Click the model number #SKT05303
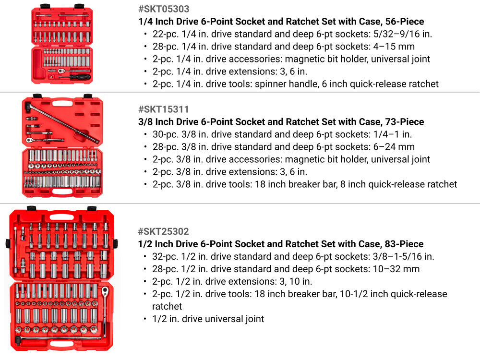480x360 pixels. point(164,9)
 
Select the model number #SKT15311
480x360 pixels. point(164,109)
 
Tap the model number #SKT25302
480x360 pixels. point(164,231)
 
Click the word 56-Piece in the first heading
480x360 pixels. point(404,22)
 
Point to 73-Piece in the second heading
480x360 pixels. point(404,122)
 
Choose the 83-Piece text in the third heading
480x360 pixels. point(404,244)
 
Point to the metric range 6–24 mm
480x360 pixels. point(394,147)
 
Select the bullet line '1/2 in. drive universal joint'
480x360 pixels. point(208,319)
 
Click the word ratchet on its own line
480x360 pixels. point(167,306)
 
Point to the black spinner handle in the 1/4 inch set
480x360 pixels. point(80,77)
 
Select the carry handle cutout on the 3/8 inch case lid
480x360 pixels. point(62,104)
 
